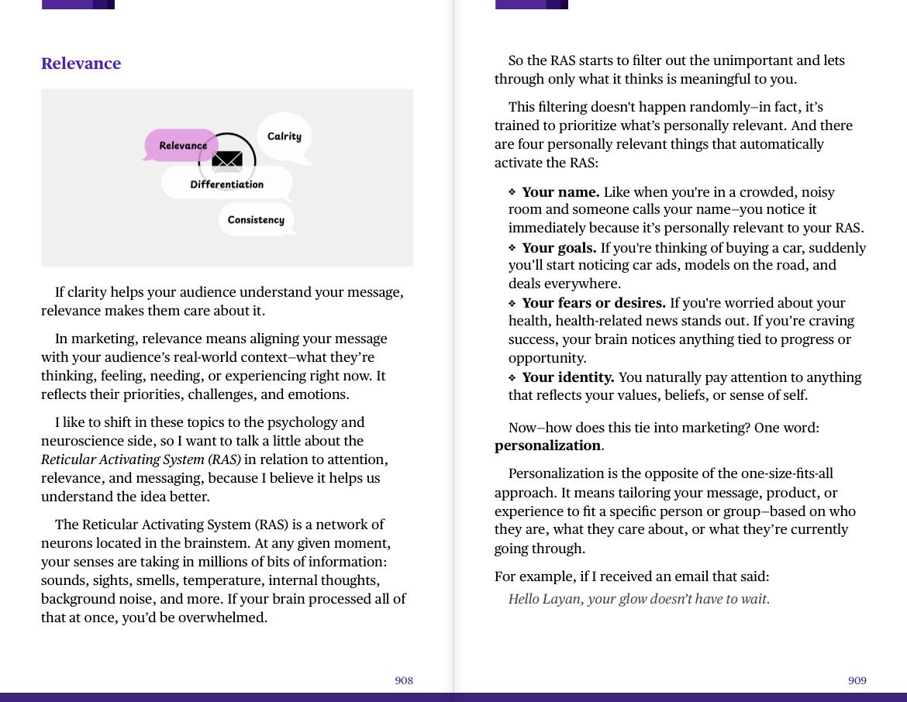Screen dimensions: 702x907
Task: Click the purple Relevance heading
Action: pos(81,64)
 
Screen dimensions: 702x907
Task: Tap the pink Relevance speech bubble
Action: pos(182,146)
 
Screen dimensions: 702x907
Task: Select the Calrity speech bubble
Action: pos(284,136)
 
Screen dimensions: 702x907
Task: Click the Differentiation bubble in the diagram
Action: pos(226,184)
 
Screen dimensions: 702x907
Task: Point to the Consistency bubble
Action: pos(256,220)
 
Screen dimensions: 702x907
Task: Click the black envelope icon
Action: pos(227,160)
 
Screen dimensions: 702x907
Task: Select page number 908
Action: pos(404,680)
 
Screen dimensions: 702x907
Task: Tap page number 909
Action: pos(857,680)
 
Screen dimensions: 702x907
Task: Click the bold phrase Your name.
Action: pos(560,192)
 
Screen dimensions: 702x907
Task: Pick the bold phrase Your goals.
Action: pos(559,248)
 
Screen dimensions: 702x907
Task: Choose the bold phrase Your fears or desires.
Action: pos(594,303)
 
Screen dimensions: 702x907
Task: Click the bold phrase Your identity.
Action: pos(567,377)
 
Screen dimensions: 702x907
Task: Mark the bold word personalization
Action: pos(547,446)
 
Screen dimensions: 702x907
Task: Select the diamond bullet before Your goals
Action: pos(512,248)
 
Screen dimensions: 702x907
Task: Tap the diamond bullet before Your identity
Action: pos(512,377)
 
